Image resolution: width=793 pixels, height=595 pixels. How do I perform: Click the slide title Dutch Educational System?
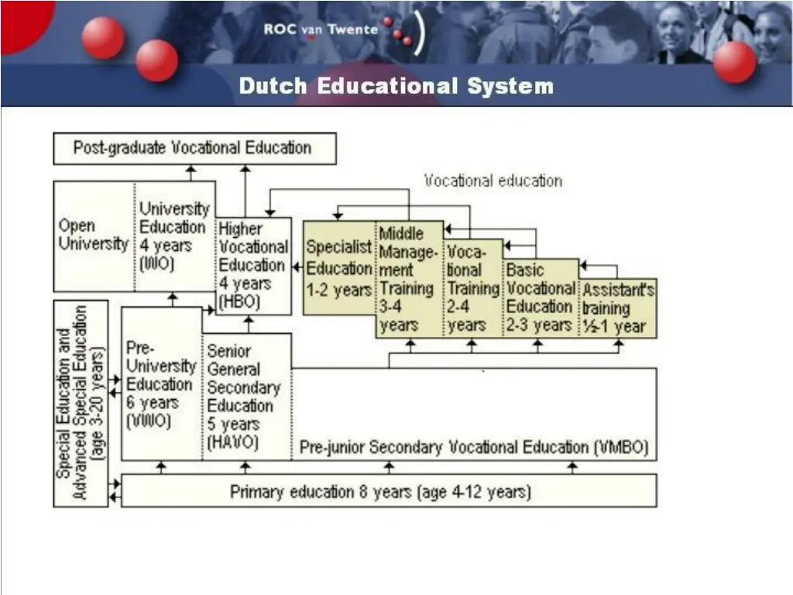tap(396, 86)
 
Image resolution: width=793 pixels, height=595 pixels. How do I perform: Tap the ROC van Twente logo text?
tap(321, 29)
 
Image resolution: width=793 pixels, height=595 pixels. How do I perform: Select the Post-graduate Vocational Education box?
tap(194, 148)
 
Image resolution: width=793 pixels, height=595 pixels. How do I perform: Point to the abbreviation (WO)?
tap(157, 263)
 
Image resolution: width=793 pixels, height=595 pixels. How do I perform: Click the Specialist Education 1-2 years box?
tap(338, 268)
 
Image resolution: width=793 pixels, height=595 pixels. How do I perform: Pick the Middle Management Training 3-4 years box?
tap(409, 279)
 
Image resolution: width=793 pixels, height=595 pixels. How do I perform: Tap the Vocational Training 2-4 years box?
tap(473, 287)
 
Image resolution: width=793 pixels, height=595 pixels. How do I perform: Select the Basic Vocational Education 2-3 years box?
tap(541, 297)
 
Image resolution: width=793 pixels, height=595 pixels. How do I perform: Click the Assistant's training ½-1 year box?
tap(618, 308)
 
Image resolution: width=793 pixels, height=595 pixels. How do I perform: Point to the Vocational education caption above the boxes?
tap(493, 181)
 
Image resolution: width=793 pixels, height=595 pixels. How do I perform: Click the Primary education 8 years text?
tap(380, 491)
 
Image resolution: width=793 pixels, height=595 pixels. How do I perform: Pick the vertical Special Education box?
tap(81, 403)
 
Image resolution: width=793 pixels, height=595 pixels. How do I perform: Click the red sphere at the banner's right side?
tap(734, 62)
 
